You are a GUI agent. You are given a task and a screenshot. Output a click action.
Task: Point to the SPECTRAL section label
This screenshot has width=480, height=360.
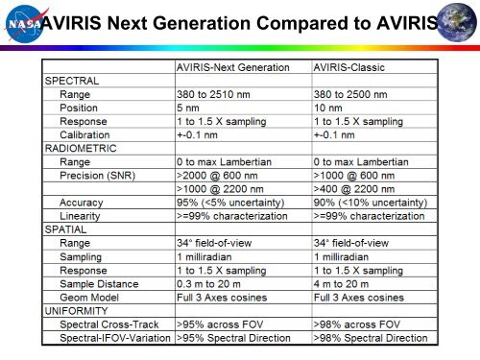pyautogui.click(x=75, y=82)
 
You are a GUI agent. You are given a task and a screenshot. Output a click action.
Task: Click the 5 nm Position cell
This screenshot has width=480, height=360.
pyautogui.click(x=187, y=108)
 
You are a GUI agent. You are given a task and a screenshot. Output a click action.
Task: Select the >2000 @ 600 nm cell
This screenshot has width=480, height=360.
pyautogui.click(x=221, y=176)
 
